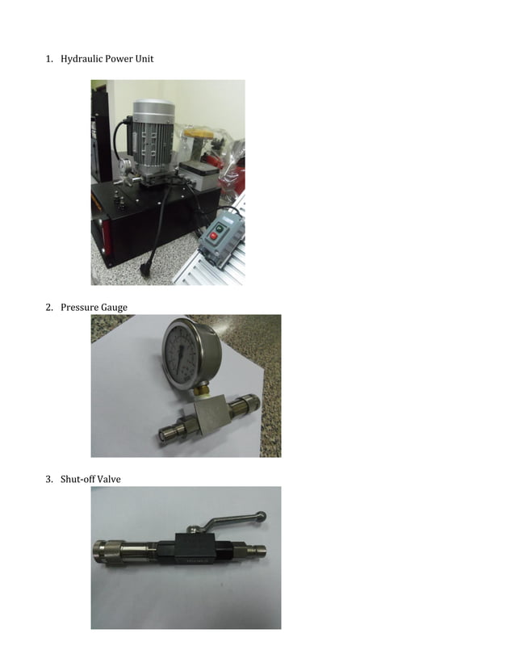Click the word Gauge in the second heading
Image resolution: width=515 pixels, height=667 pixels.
[113, 307]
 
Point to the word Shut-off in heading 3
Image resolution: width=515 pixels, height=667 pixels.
[77, 480]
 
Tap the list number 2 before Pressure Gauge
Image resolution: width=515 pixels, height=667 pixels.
[48, 307]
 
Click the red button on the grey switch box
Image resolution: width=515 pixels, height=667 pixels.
[213, 237]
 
